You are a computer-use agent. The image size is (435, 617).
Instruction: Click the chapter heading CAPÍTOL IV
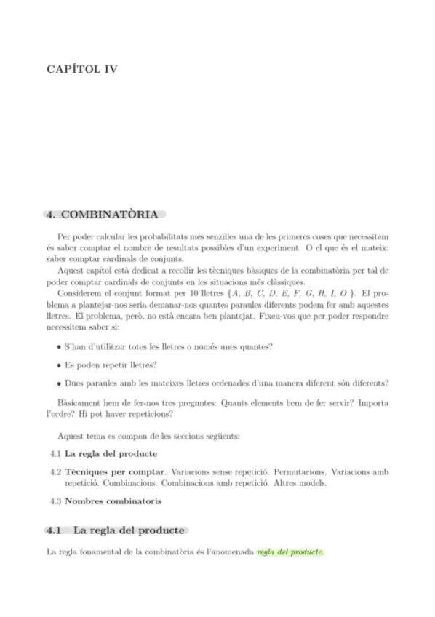click(81, 70)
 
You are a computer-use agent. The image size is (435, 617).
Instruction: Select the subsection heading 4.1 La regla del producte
click(115, 530)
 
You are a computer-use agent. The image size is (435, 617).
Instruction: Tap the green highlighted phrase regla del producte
click(290, 552)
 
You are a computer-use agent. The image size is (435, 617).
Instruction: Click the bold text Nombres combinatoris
click(113, 501)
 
